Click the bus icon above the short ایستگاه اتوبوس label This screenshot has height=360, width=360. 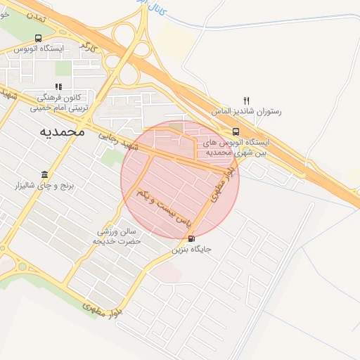coord(38,39)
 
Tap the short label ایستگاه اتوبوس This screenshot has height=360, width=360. coord(39,49)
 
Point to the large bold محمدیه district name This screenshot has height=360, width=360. coord(62,131)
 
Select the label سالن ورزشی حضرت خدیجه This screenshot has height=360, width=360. coord(118,236)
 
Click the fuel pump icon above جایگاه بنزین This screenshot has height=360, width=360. coord(191,239)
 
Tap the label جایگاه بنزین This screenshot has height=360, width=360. coord(191,249)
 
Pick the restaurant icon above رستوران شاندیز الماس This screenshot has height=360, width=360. coord(246,101)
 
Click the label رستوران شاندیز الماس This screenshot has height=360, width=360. coord(246,111)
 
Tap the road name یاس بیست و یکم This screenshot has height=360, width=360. coord(164,207)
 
